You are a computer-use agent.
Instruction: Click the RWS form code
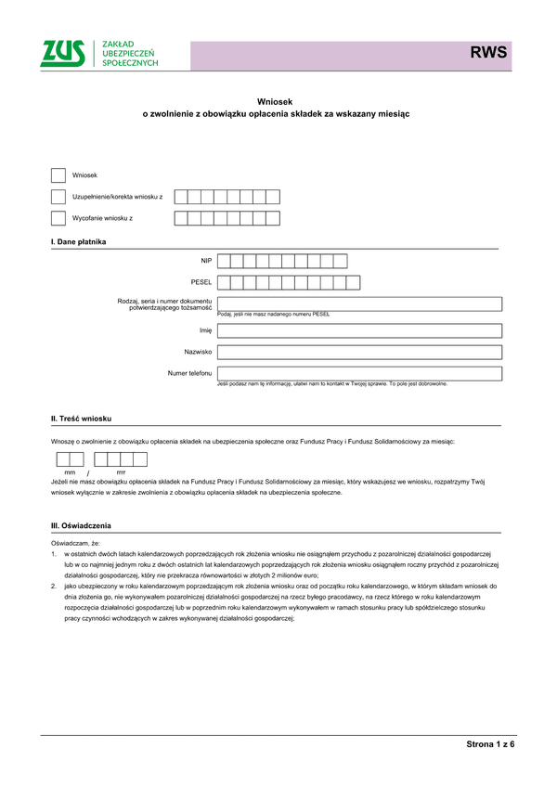click(488, 53)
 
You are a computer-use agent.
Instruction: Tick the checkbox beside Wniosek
click(58, 175)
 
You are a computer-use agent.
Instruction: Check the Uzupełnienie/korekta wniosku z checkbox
click(58, 197)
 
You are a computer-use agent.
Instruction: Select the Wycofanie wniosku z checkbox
click(58, 218)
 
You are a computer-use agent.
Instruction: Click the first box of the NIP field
click(224, 261)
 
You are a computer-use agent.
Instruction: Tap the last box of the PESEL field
click(353, 282)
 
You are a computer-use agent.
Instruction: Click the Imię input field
click(359, 330)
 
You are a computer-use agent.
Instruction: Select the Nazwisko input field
click(359, 353)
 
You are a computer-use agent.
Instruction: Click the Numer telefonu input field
click(359, 374)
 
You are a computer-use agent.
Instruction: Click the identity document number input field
click(359, 303)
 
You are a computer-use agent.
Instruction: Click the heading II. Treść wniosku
click(81, 419)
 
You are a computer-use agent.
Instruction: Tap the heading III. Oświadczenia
click(82, 525)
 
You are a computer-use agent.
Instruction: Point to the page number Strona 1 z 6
click(490, 745)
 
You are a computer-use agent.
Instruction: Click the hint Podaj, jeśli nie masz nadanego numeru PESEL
click(273, 315)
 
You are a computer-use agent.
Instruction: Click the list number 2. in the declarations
click(54, 587)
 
